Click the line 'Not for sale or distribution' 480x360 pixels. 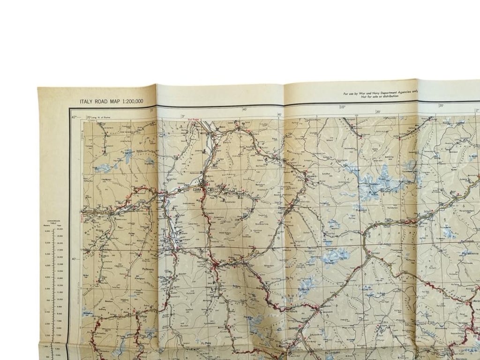point(380,97)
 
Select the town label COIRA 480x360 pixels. point(196,184)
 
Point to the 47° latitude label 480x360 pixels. point(74,116)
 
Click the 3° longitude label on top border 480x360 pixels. point(184,115)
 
